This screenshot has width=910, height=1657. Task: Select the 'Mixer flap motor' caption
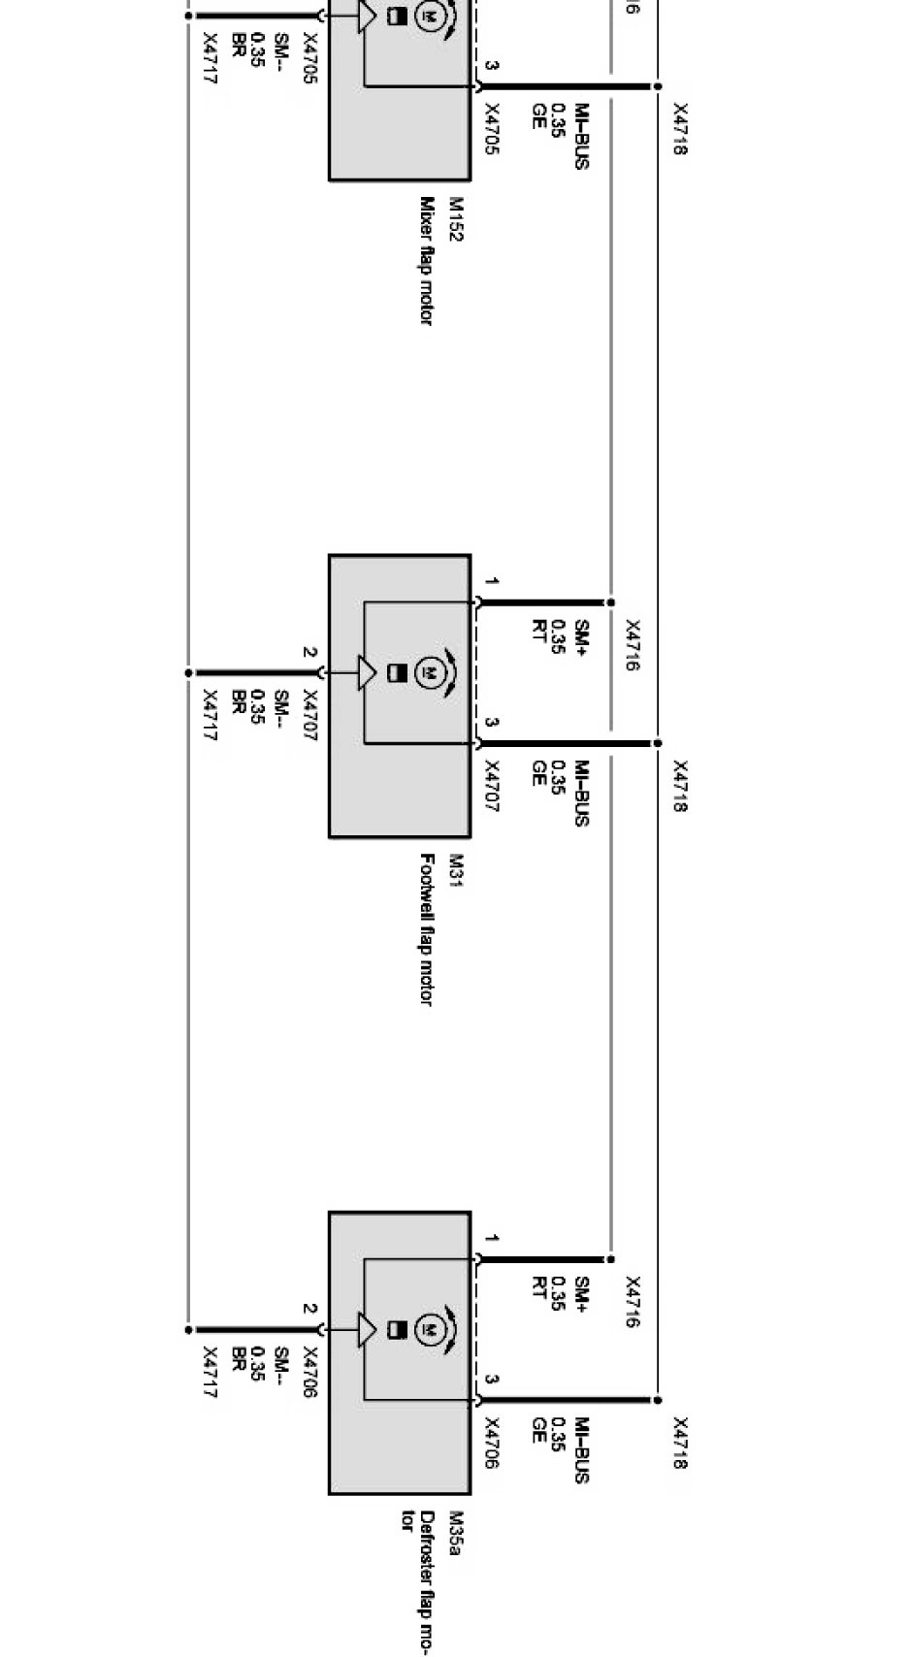pos(426,260)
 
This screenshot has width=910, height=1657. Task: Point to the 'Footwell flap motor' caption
pos(426,928)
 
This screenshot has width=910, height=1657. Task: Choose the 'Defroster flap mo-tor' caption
pos(417,1581)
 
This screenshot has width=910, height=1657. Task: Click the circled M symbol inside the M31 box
pos(428,670)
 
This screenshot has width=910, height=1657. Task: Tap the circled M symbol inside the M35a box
pos(428,1327)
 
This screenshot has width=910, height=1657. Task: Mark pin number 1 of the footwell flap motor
pos(492,582)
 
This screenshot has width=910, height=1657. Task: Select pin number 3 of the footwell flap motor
pos(492,723)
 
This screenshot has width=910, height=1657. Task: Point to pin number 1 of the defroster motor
pos(492,1239)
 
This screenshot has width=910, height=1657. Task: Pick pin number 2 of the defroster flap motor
pos(309,1309)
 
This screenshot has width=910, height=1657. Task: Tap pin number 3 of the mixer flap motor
pos(492,66)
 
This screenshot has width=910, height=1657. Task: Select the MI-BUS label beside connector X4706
pos(581,1449)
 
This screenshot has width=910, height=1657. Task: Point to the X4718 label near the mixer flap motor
pos(680,129)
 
